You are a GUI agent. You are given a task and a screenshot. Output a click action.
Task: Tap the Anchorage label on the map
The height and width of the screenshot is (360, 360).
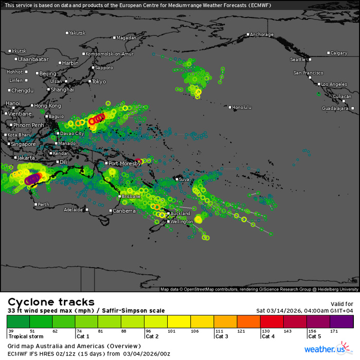coord(261,34)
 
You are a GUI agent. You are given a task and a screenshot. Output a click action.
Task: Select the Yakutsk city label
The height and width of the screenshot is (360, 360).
coord(78,33)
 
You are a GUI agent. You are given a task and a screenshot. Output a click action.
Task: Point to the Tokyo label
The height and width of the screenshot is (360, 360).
coord(99,81)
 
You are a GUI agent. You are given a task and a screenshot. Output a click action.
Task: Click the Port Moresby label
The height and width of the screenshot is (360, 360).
coord(124,164)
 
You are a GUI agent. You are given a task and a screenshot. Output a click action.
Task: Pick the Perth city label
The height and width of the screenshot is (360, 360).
coord(44,204)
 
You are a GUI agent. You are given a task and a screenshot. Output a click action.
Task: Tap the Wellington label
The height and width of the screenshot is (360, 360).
coord(181,222)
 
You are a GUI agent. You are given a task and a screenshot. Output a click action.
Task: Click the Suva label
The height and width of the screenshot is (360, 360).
coord(184,179)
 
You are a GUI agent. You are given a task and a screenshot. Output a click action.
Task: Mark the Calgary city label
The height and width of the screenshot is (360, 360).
coord(339,53)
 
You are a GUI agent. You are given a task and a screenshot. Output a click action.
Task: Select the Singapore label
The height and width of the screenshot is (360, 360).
coord(22,144)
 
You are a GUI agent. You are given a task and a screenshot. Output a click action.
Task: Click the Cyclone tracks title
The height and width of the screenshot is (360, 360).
coord(51,302)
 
